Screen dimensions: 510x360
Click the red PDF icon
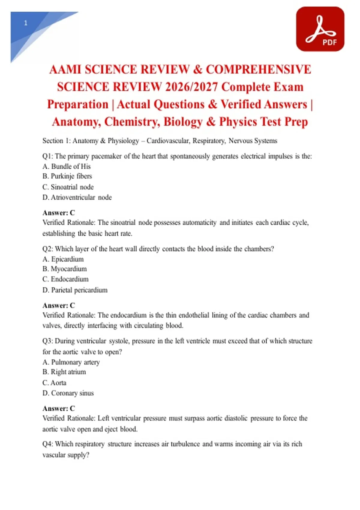(320, 29)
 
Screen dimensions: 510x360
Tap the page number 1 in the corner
(26, 23)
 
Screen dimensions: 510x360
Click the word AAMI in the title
(65, 69)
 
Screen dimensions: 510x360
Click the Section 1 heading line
(160, 141)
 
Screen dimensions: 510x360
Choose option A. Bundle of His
(67, 166)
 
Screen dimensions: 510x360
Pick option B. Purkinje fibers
(67, 176)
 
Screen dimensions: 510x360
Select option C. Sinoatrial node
(68, 187)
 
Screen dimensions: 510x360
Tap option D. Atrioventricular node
(77, 197)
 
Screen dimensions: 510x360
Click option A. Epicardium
(63, 259)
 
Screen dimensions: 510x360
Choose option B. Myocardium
(64, 269)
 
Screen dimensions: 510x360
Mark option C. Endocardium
(65, 279)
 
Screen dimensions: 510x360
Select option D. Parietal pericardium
(75, 290)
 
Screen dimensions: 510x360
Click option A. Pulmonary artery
(71, 362)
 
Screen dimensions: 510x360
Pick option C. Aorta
(54, 383)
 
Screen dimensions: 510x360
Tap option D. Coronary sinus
(68, 393)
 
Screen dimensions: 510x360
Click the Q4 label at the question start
(47, 444)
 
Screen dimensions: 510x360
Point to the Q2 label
(47, 249)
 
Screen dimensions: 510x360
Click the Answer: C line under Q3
(59, 408)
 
